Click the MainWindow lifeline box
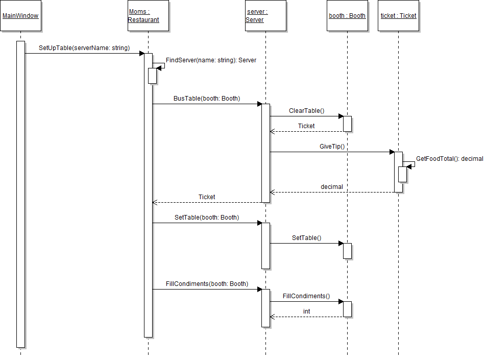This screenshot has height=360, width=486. click(20, 16)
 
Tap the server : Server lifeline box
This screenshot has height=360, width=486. click(265, 16)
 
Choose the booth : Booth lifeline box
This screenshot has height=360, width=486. click(347, 16)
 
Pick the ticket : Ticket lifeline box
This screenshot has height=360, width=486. click(398, 16)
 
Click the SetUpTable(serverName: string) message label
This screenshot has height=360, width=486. click(84, 48)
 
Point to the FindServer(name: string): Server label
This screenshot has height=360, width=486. click(211, 60)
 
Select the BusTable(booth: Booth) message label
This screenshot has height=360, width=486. click(206, 99)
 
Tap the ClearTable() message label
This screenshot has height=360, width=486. click(306, 111)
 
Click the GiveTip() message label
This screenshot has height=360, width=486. click(332, 147)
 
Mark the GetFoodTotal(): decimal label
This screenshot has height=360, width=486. click(449, 159)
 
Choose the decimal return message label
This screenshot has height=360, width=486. click(332, 187)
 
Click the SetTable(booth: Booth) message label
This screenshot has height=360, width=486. click(206, 218)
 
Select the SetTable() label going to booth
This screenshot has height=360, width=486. click(306, 238)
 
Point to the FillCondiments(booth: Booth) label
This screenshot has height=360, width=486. click(206, 284)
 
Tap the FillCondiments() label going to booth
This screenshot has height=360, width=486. click(306, 296)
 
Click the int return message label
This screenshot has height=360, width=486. click(306, 311)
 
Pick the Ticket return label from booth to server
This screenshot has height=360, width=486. click(306, 126)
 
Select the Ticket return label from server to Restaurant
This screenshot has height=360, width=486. click(207, 197)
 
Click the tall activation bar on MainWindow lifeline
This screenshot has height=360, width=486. click(20, 194)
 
